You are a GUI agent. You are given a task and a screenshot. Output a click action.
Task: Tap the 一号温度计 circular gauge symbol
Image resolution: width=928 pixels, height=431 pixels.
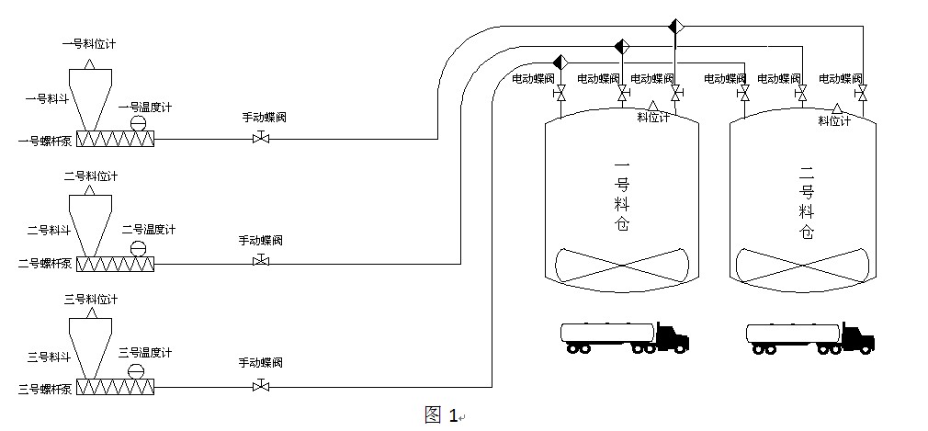139,123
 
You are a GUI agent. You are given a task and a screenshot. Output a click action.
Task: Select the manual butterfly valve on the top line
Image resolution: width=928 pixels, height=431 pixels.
260,139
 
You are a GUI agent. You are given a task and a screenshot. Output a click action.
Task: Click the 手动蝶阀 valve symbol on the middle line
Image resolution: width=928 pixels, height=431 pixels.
260,262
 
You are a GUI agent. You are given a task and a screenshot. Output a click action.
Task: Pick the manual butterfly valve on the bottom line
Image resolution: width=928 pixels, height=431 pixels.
260,385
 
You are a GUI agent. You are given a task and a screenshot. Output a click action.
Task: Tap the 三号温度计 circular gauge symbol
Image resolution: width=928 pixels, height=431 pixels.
136,370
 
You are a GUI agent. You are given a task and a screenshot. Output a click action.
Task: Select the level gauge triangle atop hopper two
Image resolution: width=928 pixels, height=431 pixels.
89,191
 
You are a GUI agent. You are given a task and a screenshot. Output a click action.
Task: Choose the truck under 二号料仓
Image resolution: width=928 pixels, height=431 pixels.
809,337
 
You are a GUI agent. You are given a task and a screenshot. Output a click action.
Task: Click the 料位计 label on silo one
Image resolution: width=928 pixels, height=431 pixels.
653,118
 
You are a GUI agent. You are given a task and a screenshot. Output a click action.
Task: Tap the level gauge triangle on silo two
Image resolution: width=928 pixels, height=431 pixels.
836,108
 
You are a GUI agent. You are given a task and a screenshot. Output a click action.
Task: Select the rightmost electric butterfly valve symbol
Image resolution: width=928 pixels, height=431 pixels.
861,94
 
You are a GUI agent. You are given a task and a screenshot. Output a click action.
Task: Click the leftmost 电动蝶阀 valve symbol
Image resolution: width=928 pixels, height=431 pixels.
560,94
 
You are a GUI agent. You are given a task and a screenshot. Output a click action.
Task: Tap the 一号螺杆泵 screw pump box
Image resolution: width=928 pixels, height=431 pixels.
116,139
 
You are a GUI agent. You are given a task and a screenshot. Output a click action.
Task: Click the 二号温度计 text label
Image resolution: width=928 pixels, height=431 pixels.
148,229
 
